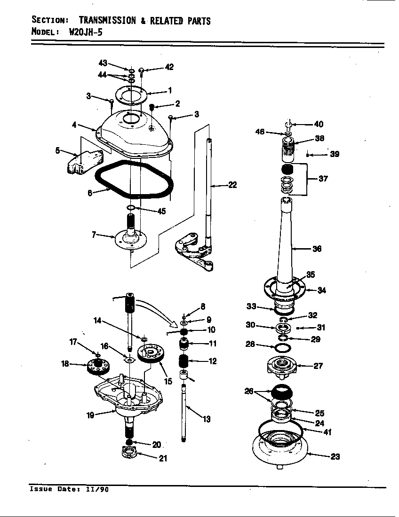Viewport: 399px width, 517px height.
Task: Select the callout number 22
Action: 232,185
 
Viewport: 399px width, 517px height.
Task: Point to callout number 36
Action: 317,249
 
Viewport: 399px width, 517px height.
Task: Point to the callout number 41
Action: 327,432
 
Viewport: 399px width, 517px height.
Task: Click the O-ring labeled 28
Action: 282,348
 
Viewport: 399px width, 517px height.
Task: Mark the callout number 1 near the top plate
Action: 169,90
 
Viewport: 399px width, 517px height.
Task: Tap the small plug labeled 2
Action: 152,108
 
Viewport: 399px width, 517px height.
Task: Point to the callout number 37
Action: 323,179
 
